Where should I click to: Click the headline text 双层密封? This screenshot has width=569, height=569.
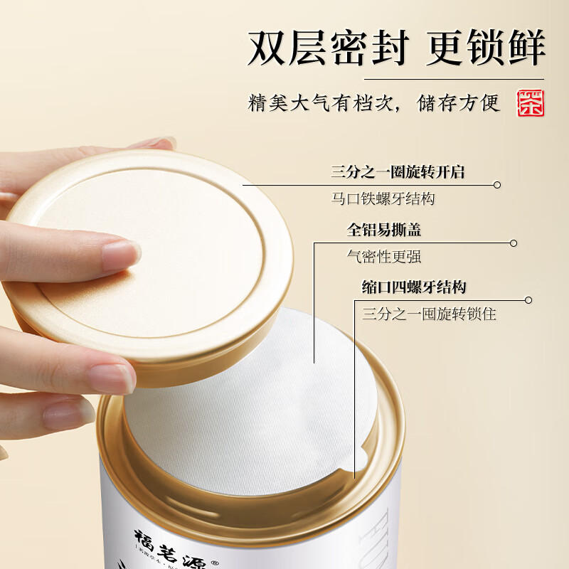pos(329,48)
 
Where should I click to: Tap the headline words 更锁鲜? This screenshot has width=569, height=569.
pos(486,48)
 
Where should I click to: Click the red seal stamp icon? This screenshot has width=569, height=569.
pos(531,104)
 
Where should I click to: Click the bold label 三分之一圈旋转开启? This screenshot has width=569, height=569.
pos(402,172)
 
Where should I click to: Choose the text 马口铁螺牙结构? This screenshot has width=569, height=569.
pos(383,199)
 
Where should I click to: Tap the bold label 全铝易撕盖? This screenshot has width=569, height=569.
pos(383,230)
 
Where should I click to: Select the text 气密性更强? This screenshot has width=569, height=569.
pos(379,256)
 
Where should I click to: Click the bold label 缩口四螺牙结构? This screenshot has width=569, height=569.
pos(414,287)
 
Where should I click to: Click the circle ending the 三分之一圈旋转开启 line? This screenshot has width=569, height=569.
pos(497,185)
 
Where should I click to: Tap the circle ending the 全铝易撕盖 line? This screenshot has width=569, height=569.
pos(514,243)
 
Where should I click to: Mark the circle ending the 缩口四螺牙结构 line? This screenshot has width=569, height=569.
pos(528,300)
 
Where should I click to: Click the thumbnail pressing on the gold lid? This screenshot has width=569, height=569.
pos(121,253)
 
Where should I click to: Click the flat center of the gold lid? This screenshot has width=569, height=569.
pos(164,242)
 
